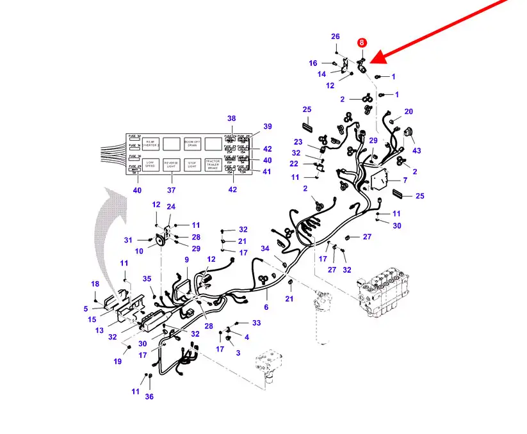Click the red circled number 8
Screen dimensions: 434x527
(x=362, y=43)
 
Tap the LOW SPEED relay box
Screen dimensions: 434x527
(x=150, y=163)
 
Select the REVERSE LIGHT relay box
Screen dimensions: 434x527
(x=172, y=163)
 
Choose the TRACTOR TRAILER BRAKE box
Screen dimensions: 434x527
(x=213, y=164)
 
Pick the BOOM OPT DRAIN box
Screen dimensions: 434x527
(x=193, y=143)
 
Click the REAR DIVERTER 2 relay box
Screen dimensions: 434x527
(x=150, y=143)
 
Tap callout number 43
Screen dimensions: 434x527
(x=417, y=150)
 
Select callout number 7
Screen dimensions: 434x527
(x=404, y=181)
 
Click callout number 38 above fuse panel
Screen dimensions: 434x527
(x=232, y=118)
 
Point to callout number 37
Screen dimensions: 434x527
(x=171, y=189)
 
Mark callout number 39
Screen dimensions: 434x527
(x=268, y=126)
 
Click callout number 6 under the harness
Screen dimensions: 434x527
(x=266, y=307)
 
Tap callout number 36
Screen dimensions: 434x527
(x=149, y=396)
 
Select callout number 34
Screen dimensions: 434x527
(x=265, y=248)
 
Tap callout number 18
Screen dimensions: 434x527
(x=95, y=284)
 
